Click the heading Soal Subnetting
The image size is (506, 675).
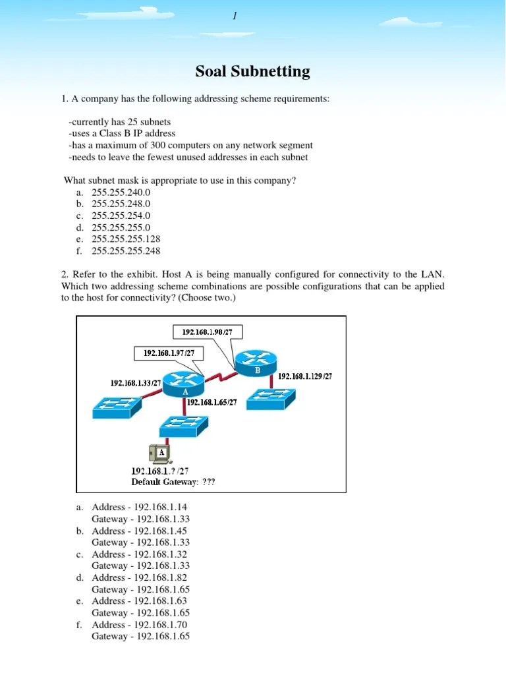(x=253, y=71)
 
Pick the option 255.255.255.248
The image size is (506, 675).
(x=126, y=250)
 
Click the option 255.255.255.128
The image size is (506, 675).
(x=126, y=239)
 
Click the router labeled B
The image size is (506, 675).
(x=256, y=361)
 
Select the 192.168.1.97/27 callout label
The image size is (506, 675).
(x=169, y=353)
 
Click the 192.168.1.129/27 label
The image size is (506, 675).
(x=305, y=376)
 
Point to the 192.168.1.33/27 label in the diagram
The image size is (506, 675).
(x=136, y=382)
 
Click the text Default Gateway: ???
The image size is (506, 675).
(x=173, y=482)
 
